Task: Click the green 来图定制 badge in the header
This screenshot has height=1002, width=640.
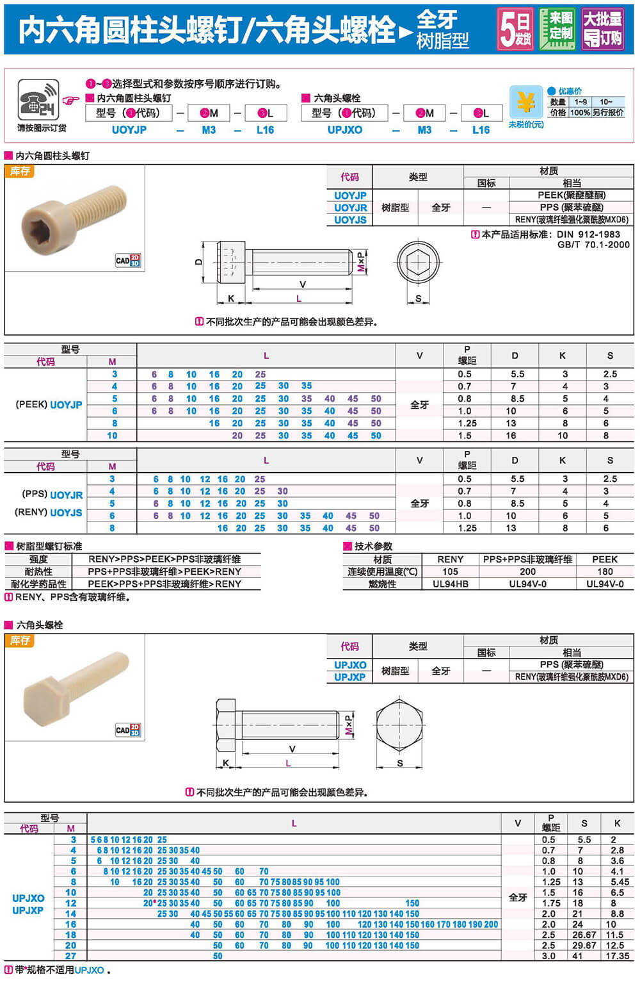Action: click(557, 29)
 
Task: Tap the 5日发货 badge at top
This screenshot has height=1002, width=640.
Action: click(516, 29)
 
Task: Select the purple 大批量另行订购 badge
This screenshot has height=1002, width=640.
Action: click(602, 29)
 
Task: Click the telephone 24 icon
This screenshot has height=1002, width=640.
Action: click(38, 99)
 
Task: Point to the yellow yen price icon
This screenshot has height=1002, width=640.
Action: click(525, 102)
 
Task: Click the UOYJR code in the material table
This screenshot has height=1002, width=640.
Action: click(350, 208)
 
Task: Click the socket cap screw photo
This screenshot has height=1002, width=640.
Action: click(74, 212)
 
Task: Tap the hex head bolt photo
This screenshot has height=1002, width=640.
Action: click(75, 686)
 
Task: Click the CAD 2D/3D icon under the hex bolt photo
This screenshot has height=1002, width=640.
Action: click(128, 730)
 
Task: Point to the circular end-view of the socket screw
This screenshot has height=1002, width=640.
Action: click(419, 263)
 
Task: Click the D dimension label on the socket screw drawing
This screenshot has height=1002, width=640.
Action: click(199, 261)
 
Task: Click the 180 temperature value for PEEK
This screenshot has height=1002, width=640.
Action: click(605, 571)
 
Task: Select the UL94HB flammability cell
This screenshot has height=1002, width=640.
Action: click(450, 584)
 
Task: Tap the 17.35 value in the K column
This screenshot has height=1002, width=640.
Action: click(617, 956)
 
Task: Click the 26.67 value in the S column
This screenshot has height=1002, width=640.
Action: click(584, 935)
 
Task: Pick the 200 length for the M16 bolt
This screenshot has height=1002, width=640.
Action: click(491, 924)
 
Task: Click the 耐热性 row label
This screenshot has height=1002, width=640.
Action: click(38, 571)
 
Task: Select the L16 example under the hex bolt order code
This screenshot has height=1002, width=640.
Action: click(481, 130)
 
